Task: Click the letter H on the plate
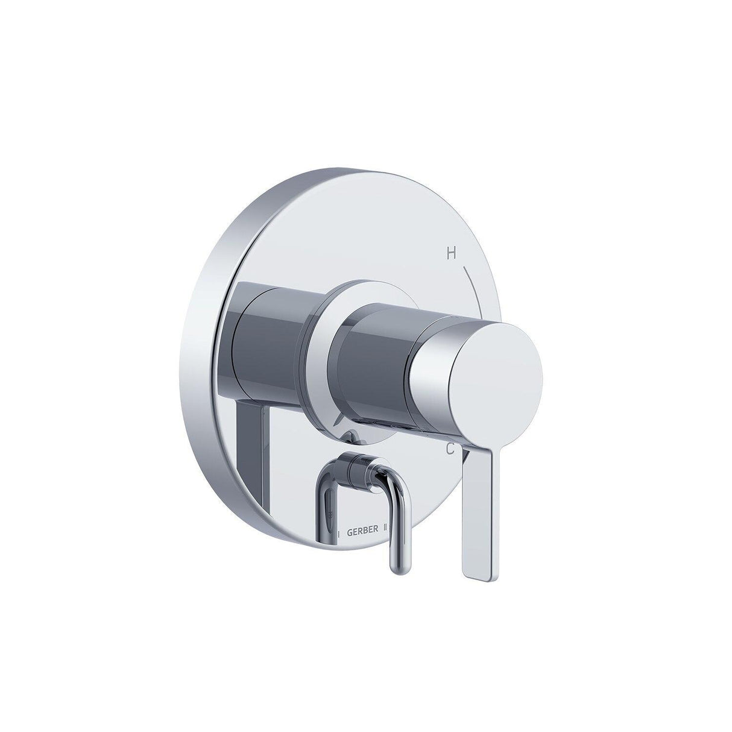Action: (x=450, y=254)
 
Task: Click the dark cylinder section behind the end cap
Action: (x=374, y=374)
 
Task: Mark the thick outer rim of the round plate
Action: (x=208, y=362)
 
